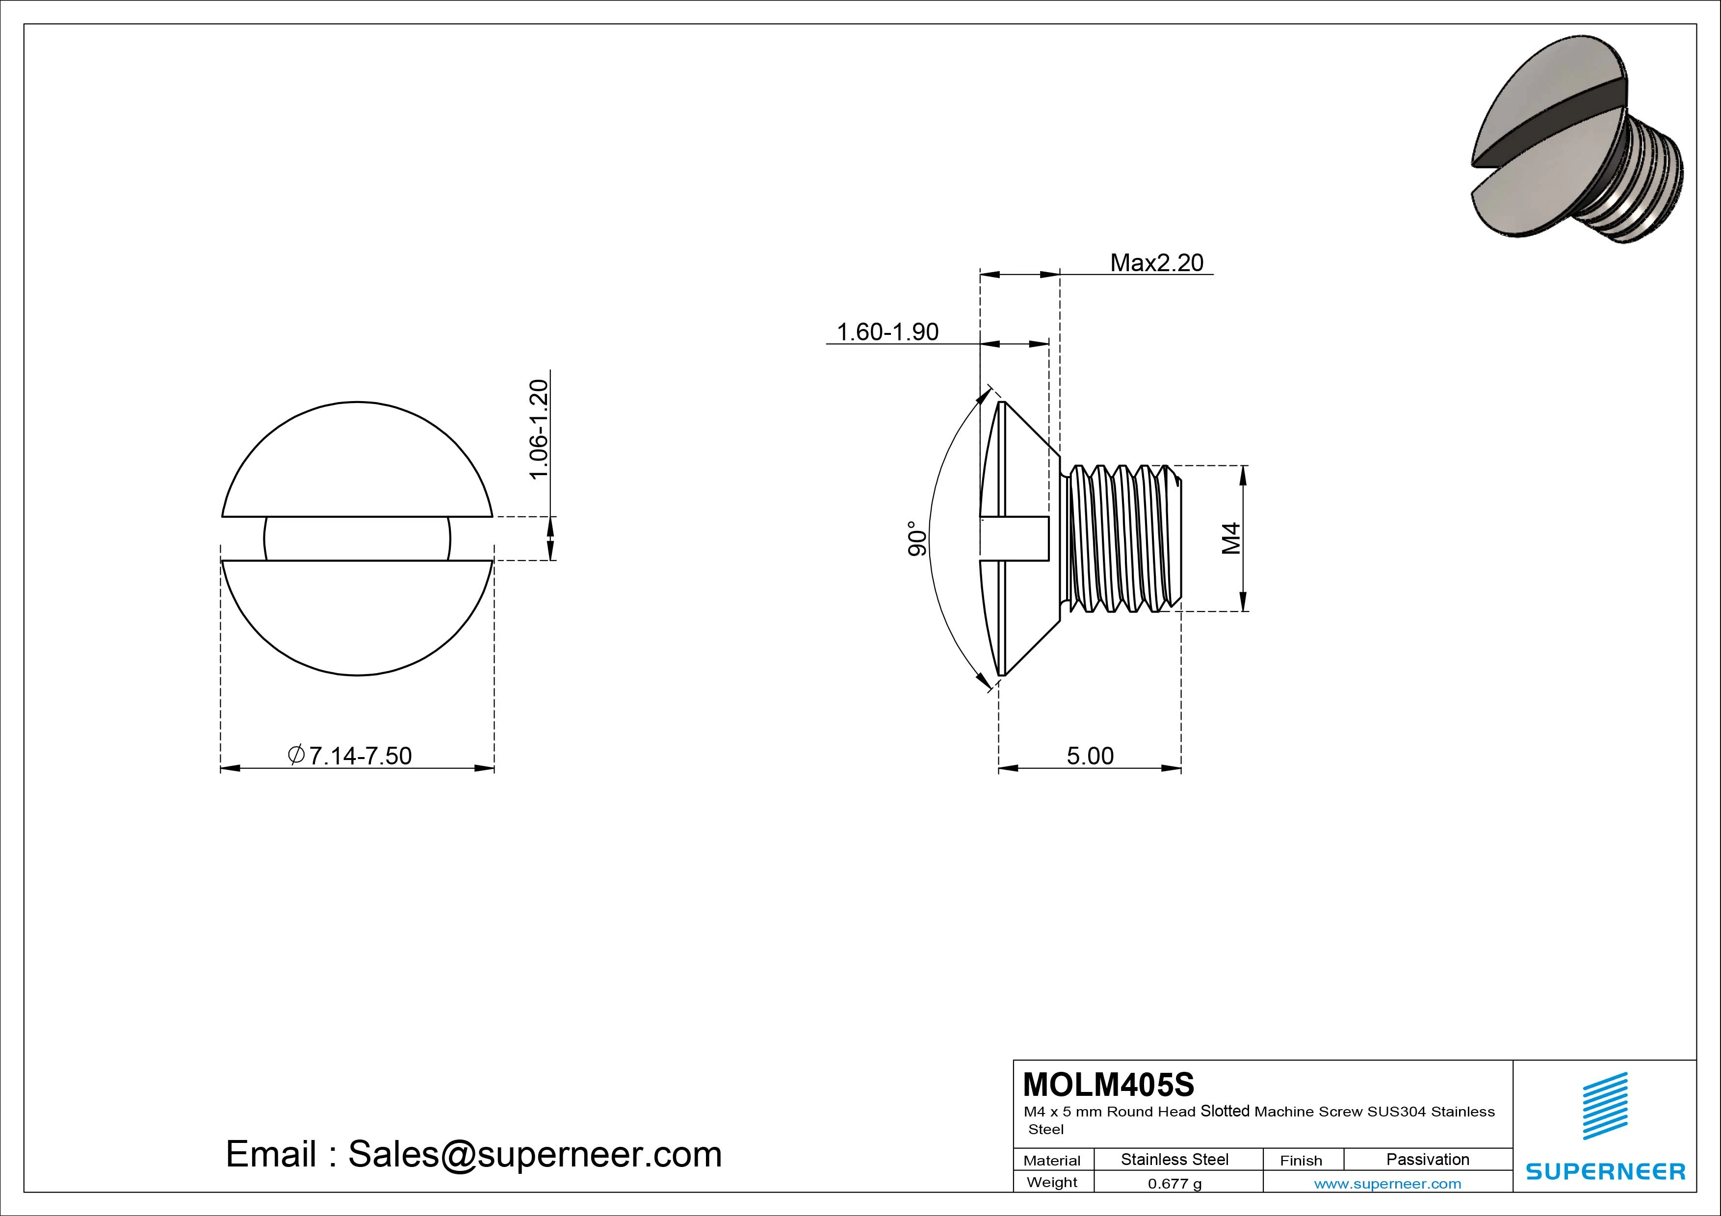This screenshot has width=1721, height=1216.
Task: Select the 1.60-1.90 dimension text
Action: [887, 332]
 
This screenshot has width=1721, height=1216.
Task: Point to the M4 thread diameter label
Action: [1231, 539]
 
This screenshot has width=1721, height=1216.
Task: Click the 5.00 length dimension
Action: [1090, 756]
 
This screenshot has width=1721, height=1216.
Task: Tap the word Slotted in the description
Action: [1225, 1111]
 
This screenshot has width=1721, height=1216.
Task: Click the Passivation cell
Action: [1427, 1159]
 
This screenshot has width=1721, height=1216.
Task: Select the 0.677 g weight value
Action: [1174, 1184]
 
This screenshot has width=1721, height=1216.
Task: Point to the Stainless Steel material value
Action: [1174, 1159]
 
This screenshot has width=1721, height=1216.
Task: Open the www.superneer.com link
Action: [1387, 1184]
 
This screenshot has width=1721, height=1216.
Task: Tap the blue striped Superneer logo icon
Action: [1604, 1106]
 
